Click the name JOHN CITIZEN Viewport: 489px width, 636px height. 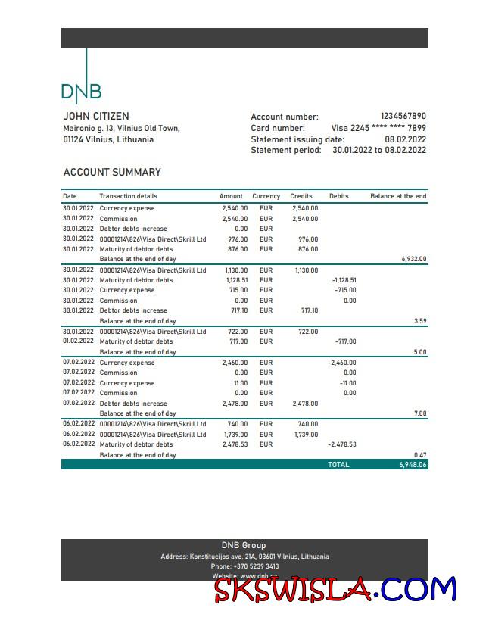pos(95,117)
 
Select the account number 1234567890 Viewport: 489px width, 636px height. pos(403,117)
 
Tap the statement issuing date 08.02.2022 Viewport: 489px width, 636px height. pos(405,139)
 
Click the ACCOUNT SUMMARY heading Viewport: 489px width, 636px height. pos(112,172)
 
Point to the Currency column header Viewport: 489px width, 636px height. pos(266,196)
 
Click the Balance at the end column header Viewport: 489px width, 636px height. pos(398,196)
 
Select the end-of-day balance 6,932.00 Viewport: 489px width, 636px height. pos(413,259)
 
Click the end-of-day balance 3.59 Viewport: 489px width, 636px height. pos(420,321)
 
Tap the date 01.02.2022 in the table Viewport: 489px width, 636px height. pos(79,341)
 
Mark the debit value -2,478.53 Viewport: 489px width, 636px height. pos(341,444)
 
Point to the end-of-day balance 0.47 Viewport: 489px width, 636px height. pos(420,455)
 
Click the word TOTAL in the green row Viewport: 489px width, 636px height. pos(338,464)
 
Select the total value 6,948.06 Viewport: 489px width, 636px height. pos(413,464)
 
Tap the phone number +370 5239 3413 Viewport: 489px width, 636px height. pos(244,566)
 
